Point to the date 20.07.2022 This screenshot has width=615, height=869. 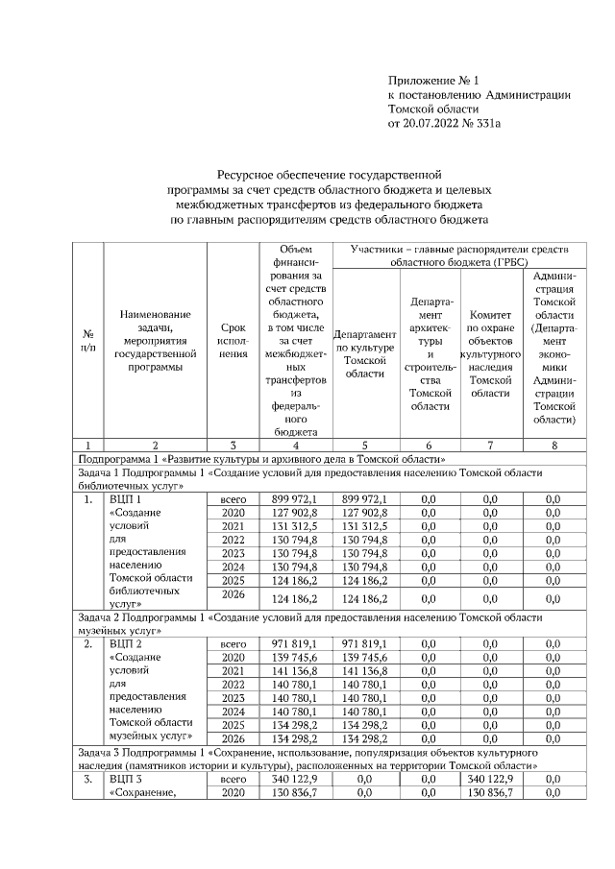pyautogui.click(x=437, y=124)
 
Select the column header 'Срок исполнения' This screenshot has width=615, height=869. pyautogui.click(x=234, y=341)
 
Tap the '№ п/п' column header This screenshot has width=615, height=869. pyautogui.click(x=88, y=341)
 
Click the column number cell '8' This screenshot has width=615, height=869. pyautogui.click(x=553, y=446)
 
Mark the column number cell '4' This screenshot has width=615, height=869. pyautogui.click(x=295, y=446)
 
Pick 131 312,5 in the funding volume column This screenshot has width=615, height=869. pyautogui.click(x=295, y=526)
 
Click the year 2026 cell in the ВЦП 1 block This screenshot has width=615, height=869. pyautogui.click(x=234, y=598)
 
